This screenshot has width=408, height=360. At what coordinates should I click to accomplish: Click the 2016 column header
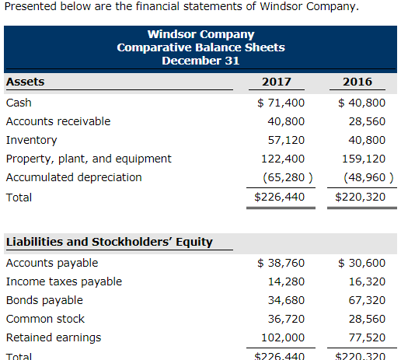click(x=357, y=82)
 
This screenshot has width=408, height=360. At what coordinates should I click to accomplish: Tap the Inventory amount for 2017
click(x=285, y=140)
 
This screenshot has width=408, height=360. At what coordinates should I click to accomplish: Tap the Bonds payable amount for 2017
click(x=285, y=300)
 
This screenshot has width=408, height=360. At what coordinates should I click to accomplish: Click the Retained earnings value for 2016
click(x=364, y=337)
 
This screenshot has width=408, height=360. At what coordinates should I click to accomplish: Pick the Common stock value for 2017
click(x=285, y=319)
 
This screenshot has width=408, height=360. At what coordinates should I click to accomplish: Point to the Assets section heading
click(x=25, y=82)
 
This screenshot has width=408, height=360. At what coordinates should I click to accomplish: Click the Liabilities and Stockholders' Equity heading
click(x=109, y=242)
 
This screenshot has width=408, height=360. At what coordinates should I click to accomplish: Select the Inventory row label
click(x=31, y=140)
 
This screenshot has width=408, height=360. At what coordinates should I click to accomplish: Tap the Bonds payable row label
click(x=44, y=300)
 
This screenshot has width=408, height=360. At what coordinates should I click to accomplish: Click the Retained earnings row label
click(x=53, y=337)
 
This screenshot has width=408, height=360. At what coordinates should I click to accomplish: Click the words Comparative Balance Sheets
click(x=201, y=47)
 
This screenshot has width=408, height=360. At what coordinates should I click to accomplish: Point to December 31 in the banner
click(x=201, y=61)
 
